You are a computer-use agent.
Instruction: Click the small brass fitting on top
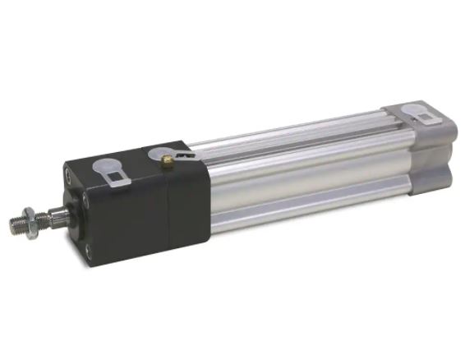pos(167,158)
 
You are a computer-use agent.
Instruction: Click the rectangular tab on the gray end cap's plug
pos(426,120)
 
